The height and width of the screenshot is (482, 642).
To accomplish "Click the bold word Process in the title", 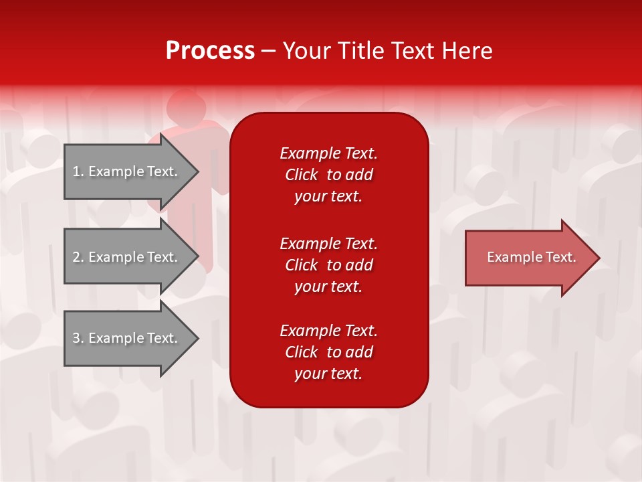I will [x=210, y=51].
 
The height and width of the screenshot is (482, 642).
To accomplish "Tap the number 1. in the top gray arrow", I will [x=78, y=171].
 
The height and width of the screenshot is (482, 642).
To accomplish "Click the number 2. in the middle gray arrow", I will [x=78, y=257].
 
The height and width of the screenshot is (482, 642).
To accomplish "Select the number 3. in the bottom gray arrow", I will [x=78, y=338].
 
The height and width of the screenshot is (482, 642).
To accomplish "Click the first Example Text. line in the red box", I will [x=328, y=153].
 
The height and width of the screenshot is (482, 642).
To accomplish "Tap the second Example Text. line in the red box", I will [x=328, y=243].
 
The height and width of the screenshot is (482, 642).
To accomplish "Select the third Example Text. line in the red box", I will [x=328, y=331].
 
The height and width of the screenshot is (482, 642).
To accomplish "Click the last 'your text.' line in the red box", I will [x=328, y=374].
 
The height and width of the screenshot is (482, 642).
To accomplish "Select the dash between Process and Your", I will [x=269, y=51].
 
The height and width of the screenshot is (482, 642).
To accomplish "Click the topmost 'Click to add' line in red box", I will [x=328, y=175].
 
